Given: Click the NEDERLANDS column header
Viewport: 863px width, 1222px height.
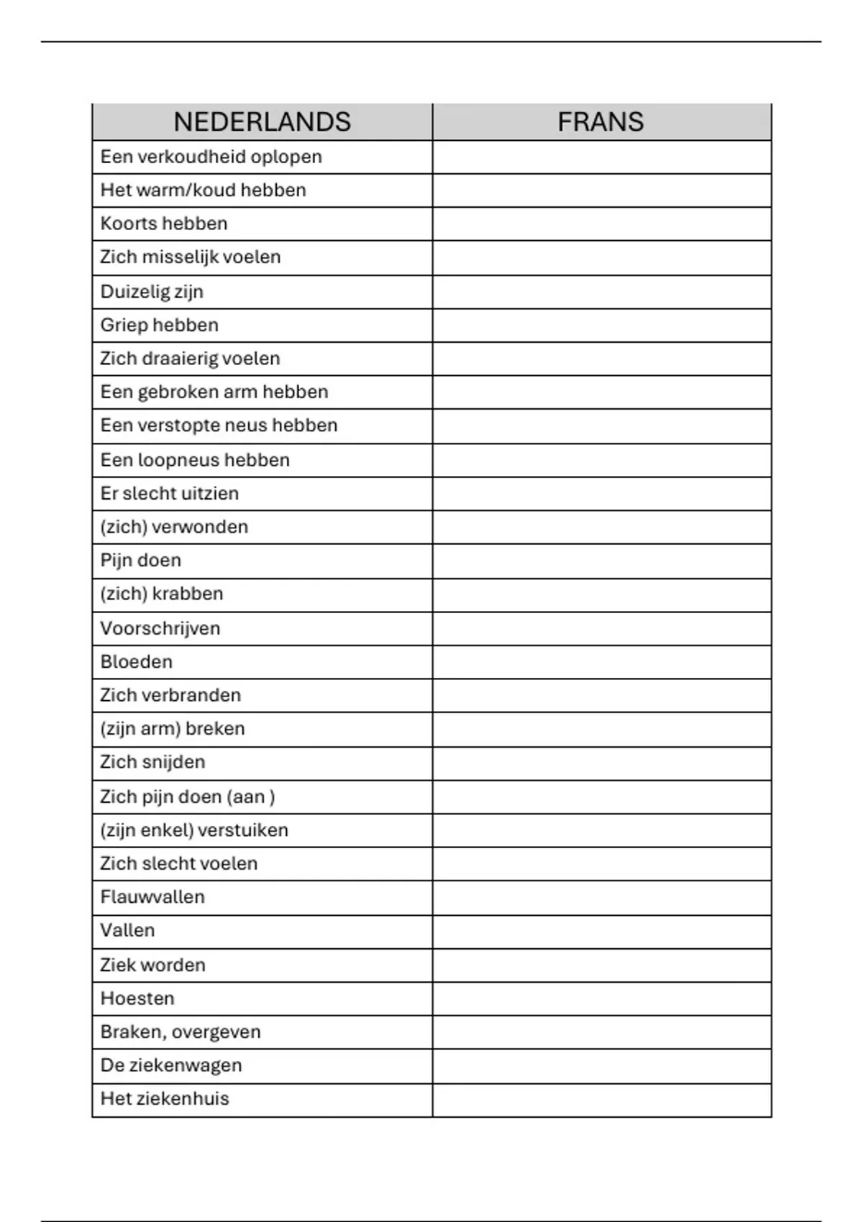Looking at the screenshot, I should pyautogui.click(x=262, y=122).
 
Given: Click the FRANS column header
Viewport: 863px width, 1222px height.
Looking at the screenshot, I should pyautogui.click(x=601, y=122).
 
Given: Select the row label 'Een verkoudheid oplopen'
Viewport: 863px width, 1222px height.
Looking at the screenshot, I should pyautogui.click(x=211, y=157).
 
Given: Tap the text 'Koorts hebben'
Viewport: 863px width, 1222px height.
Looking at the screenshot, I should pyautogui.click(x=164, y=224).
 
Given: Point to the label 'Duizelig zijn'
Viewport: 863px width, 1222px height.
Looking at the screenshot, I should pyautogui.click(x=152, y=291).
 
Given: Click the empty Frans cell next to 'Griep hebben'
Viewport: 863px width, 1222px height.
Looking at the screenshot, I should pyautogui.click(x=601, y=325).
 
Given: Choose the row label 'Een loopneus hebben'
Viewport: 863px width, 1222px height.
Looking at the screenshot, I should pyautogui.click(x=195, y=460).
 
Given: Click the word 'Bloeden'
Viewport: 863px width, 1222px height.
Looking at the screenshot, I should pyautogui.click(x=137, y=661).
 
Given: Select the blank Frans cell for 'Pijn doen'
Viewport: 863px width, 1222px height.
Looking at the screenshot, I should pyautogui.click(x=601, y=561).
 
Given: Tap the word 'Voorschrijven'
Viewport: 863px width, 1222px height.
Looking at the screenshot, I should pyautogui.click(x=160, y=628).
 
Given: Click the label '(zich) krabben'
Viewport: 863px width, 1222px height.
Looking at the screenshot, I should pyautogui.click(x=162, y=594).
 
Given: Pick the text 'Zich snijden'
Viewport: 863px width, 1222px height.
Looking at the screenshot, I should pyautogui.click(x=152, y=762).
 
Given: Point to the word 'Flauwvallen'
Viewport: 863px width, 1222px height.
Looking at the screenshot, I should pyautogui.click(x=152, y=897).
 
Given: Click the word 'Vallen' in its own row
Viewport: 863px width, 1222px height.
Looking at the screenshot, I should pyautogui.click(x=127, y=930).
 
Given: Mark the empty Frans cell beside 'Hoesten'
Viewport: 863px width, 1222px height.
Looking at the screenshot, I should pyautogui.click(x=601, y=998).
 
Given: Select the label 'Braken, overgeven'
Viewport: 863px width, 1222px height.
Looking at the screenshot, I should pyautogui.click(x=181, y=1032).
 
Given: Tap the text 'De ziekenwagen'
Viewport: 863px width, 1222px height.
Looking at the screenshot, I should pyautogui.click(x=171, y=1065).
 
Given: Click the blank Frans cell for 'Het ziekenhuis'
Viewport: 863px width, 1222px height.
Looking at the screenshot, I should pyautogui.click(x=601, y=1099).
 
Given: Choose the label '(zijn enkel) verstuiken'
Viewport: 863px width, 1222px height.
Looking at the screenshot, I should pyautogui.click(x=194, y=830).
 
